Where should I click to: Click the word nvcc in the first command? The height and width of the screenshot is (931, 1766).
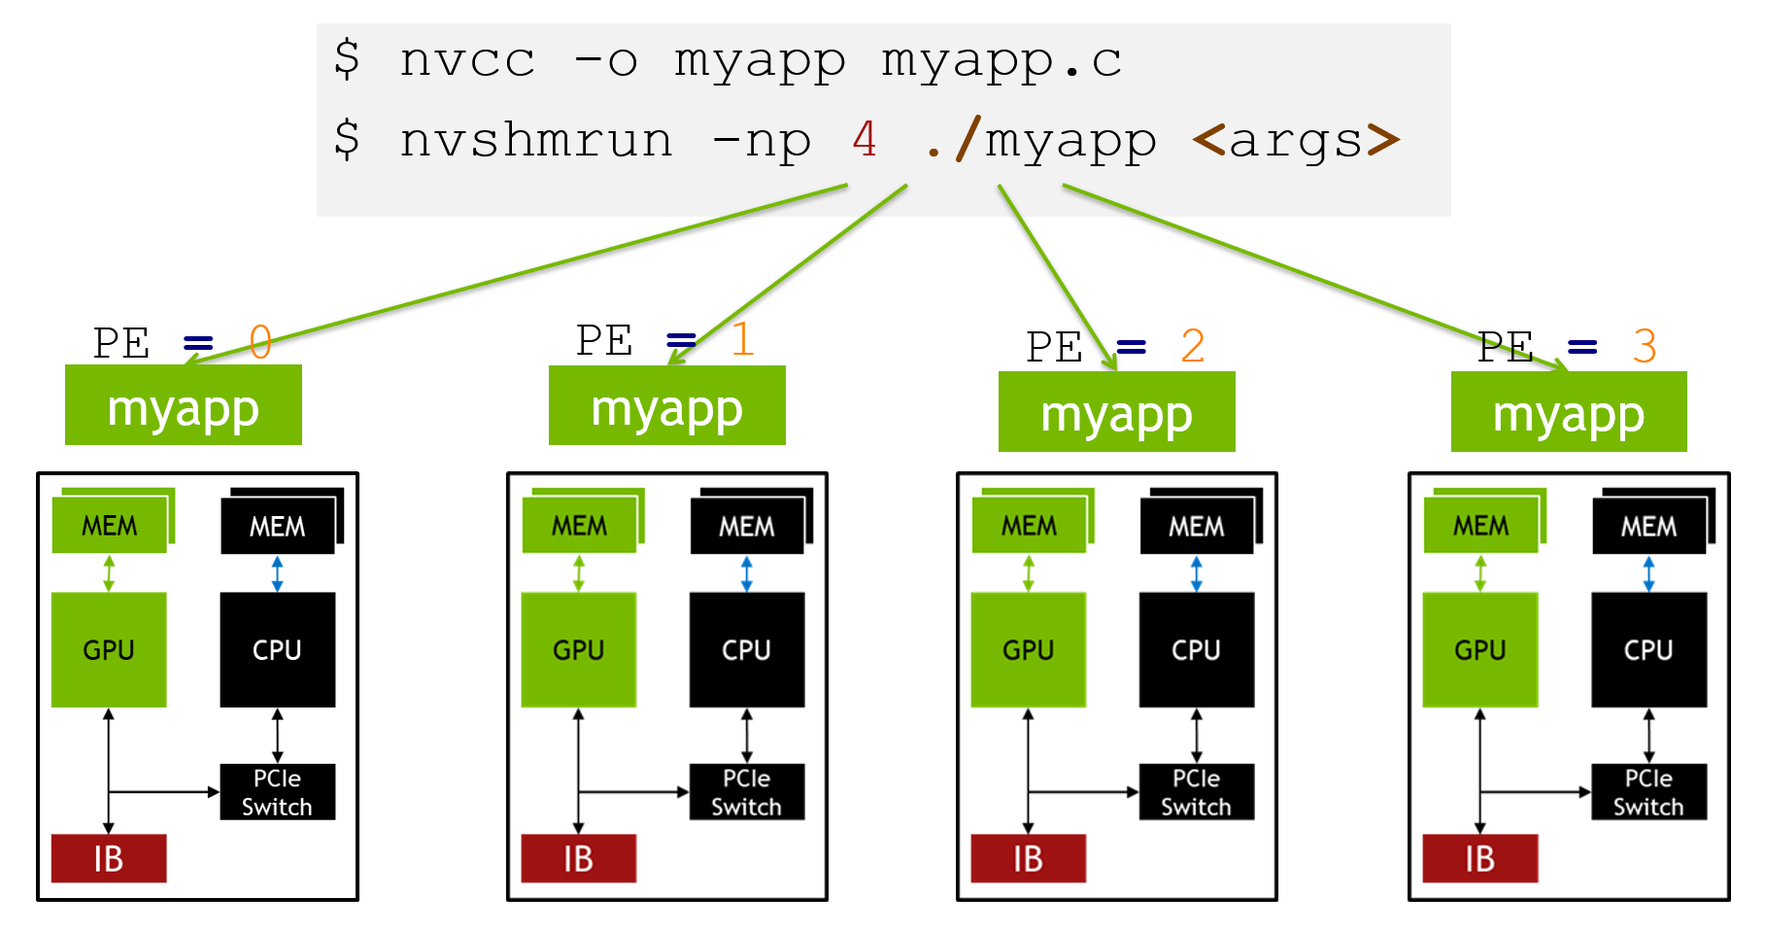(x=467, y=60)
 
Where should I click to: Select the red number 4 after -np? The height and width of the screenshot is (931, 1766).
(x=865, y=139)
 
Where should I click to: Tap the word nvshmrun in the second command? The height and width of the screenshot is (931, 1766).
(x=535, y=140)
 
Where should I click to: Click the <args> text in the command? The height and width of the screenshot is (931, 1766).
(x=1296, y=140)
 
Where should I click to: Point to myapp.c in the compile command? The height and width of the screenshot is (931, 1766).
(x=1002, y=60)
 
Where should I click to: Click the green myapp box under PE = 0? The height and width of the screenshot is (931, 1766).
(x=184, y=406)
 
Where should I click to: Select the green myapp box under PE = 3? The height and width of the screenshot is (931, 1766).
(x=1569, y=412)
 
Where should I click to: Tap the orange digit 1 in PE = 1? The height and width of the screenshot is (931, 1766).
(x=742, y=339)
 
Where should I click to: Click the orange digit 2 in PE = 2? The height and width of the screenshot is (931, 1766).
(x=1193, y=346)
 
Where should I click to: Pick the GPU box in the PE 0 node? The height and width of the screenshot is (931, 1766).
(x=109, y=649)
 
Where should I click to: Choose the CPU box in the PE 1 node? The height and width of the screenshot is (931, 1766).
(x=746, y=649)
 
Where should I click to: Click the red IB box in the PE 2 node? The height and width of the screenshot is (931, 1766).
(x=1028, y=858)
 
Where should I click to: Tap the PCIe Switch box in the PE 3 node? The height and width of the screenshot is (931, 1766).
(x=1648, y=792)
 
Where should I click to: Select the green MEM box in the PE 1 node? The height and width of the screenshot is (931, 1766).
(x=579, y=526)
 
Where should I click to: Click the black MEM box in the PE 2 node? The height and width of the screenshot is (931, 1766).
(x=1197, y=526)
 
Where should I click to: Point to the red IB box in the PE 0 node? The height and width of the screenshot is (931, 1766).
(x=109, y=858)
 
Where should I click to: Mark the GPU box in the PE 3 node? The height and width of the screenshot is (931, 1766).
(x=1479, y=649)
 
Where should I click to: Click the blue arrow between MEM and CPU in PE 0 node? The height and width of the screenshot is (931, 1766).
(x=278, y=573)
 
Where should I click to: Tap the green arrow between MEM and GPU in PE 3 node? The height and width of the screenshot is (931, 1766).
(x=1480, y=573)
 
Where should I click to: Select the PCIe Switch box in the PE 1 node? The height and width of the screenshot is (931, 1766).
(x=746, y=792)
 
